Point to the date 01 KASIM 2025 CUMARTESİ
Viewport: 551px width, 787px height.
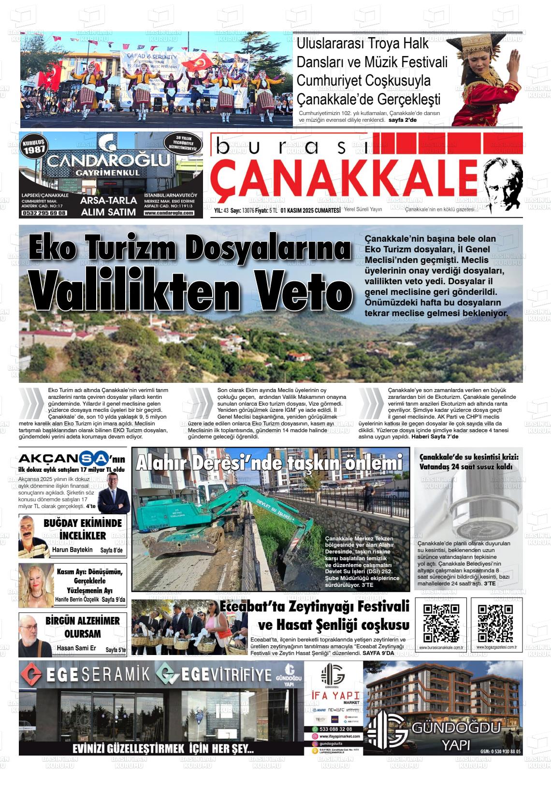(314, 210)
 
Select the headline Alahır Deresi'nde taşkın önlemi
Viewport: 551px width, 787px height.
(269, 463)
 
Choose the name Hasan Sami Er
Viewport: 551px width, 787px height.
(76, 648)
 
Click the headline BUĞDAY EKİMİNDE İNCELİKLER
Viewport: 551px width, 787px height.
(83, 529)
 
